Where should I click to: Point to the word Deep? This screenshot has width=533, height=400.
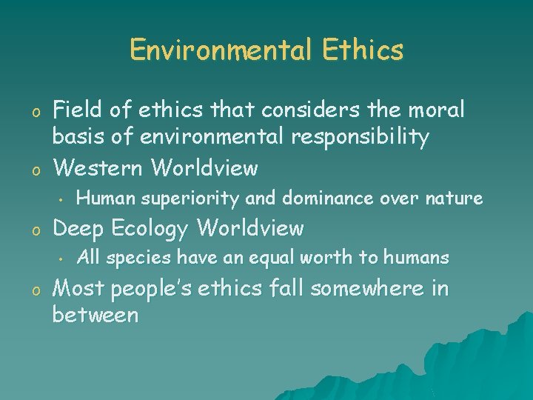(x=77, y=229)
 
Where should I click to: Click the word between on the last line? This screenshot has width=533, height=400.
(x=95, y=315)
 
